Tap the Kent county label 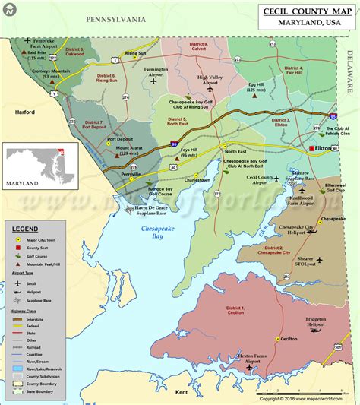tap(181, 392)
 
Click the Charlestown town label tap(197, 180)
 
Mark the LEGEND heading tap(25, 227)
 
